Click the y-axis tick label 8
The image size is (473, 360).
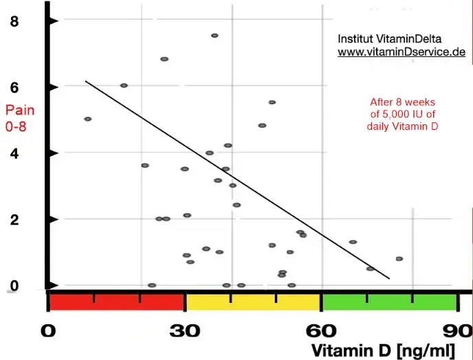coord(14,22)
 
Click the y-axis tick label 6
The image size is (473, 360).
coord(14,87)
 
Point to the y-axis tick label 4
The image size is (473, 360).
coord(14,153)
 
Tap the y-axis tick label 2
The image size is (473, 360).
coord(14,219)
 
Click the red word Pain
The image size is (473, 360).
coord(19,110)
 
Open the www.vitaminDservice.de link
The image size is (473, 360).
coord(401,52)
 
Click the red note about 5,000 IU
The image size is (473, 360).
coord(403,114)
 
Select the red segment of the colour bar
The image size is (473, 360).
coord(117,302)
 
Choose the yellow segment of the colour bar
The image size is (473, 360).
coord(253,302)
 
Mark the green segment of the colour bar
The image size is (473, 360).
coord(389,302)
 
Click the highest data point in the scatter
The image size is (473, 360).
coord(214,35)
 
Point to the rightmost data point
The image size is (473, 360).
coord(399,258)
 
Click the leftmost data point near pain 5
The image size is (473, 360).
coord(87,119)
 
